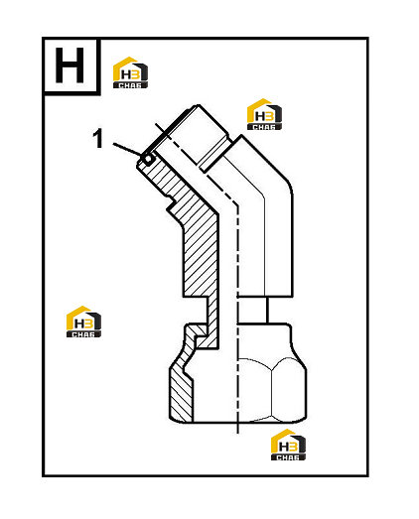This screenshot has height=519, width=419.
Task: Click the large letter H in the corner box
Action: pyautogui.click(x=70, y=65)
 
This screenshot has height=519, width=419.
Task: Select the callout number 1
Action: pyautogui.click(x=98, y=139)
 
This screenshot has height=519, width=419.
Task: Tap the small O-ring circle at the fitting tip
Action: pyautogui.click(x=148, y=159)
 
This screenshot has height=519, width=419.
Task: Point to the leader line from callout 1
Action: pyautogui.click(x=128, y=150)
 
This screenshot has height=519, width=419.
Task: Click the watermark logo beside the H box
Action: pyautogui.click(x=130, y=72)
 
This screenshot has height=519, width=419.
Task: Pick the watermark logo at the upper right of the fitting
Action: pyautogui.click(x=264, y=114)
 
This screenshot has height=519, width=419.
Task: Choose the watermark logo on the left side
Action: pyautogui.click(x=83, y=322)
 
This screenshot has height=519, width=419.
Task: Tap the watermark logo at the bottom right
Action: pyautogui.click(x=288, y=445)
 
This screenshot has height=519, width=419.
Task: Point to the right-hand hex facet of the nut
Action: pyautogui.click(x=289, y=391)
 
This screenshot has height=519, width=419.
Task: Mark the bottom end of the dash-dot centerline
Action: pyautogui.click(x=238, y=433)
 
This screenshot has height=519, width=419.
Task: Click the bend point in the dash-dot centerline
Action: pyautogui.click(x=237, y=204)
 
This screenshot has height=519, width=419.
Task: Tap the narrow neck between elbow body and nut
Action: pyautogui.click(x=252, y=311)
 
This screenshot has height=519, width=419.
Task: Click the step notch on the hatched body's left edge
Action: pyautogui.click(x=171, y=204)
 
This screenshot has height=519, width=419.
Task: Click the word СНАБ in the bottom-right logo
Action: pyautogui.click(x=288, y=457)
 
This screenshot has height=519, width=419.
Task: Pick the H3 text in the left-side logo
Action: pyautogui.click(x=82, y=324)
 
